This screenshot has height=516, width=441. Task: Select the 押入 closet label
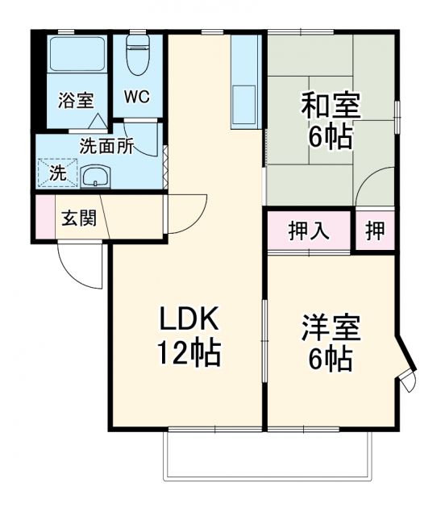(x=309, y=231)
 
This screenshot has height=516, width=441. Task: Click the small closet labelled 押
(x=375, y=231)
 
